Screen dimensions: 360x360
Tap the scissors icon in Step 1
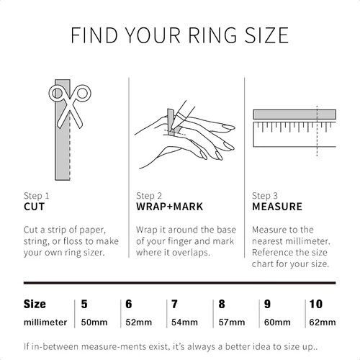[x=70, y=106]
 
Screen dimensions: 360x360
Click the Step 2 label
[x=149, y=196]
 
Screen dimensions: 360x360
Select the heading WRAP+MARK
[x=169, y=207]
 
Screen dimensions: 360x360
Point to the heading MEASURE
[x=277, y=207]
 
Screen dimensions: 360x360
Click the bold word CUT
[x=34, y=207]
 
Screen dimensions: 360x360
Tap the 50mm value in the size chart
[x=94, y=322]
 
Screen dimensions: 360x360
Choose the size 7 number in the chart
[x=174, y=304]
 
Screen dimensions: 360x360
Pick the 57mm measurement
[x=232, y=322]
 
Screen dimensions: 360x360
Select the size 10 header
[x=316, y=304]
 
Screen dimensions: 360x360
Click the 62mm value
[x=323, y=322]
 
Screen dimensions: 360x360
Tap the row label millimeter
[x=45, y=322]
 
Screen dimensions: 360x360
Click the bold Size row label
[x=35, y=304]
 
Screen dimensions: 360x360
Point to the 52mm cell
[x=139, y=322]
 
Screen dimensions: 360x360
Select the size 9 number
[x=267, y=304]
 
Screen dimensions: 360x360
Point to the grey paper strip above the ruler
[x=294, y=114]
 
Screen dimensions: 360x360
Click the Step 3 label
[x=265, y=196]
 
